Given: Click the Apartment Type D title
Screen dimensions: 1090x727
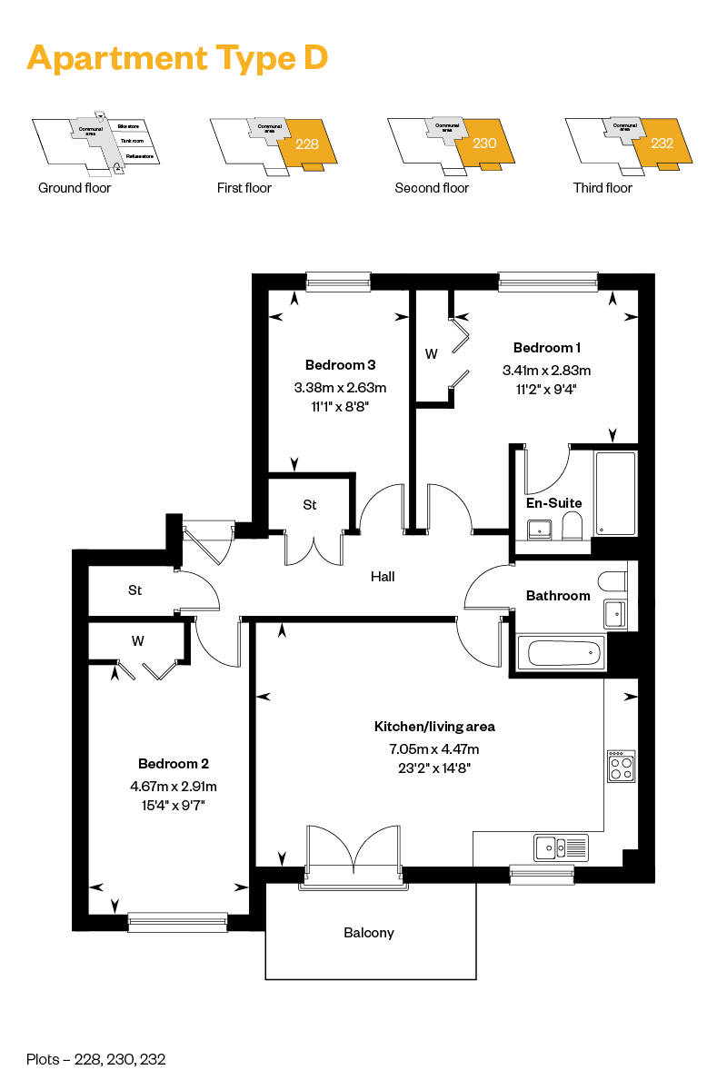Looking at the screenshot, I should point(177,58).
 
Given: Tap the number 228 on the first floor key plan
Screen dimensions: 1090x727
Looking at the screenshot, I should point(307,144).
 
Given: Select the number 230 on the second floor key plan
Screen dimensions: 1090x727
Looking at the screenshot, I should point(484,144).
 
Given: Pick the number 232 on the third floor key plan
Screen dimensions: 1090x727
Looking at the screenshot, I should point(662,144).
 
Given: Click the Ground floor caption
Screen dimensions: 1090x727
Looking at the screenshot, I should point(75,188).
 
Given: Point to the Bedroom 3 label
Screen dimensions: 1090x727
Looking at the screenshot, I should point(340,365).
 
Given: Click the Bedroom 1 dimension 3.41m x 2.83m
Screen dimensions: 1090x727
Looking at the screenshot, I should point(546,371).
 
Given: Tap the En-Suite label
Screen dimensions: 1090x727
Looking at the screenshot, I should point(553,502).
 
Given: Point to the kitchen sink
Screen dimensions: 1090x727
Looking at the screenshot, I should point(562,847).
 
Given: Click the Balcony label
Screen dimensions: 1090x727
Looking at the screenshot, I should point(369,933).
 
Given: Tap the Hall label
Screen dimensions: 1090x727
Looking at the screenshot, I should point(383,576).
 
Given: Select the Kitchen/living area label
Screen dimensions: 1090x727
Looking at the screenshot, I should point(434,727).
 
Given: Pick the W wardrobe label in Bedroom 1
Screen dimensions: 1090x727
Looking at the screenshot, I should point(431,352).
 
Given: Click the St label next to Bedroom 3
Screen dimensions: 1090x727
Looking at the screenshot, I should point(310,505).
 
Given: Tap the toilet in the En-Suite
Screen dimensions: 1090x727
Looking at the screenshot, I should point(572,526).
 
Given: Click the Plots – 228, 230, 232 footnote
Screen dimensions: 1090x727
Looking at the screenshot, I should point(96,1059).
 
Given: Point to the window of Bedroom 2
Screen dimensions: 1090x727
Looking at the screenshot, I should point(178,922).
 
